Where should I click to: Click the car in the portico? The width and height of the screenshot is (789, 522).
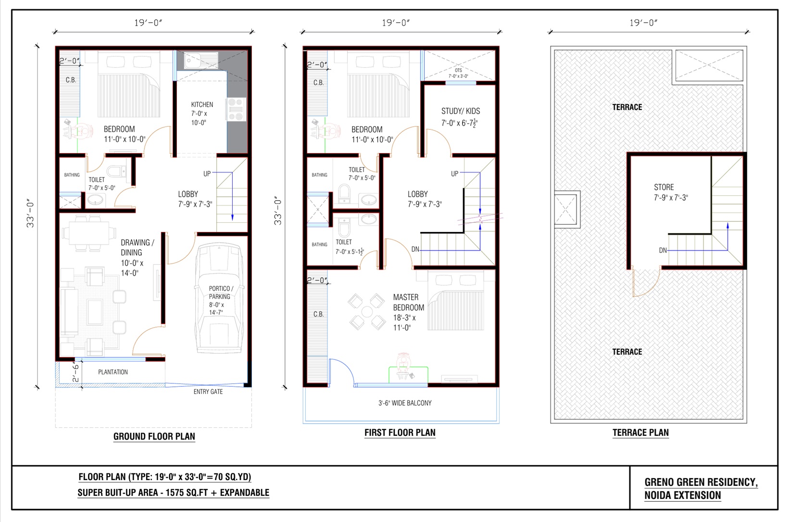coord(219,298)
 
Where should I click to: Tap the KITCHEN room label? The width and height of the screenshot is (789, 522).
coord(202,105)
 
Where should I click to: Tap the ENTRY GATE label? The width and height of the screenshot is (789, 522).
coord(208,392)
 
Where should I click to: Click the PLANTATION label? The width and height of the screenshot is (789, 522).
coord(113,372)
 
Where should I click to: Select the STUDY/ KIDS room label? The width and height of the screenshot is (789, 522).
coord(460,111)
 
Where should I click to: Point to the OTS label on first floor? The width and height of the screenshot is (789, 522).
coord(458,71)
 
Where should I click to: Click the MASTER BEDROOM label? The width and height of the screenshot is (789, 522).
coord(408,303)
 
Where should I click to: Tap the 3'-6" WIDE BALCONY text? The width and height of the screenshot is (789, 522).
coord(405,403)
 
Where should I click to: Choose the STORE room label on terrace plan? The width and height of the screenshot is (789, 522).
coord(664,187)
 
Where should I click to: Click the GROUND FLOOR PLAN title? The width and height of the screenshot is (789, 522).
coord(154,436)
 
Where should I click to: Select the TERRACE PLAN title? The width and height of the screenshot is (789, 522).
coord(640,433)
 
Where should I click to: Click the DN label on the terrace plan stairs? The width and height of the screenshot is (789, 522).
coord(663,250)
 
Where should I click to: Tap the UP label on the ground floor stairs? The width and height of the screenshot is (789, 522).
coord(207,173)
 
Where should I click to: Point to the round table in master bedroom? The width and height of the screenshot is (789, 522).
coord(367,312)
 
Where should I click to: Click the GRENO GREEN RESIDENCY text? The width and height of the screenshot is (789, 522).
coord(701,482)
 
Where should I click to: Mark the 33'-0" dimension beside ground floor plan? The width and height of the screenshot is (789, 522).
coord(30,214)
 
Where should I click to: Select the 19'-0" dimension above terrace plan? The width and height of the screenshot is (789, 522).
coord(643,23)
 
